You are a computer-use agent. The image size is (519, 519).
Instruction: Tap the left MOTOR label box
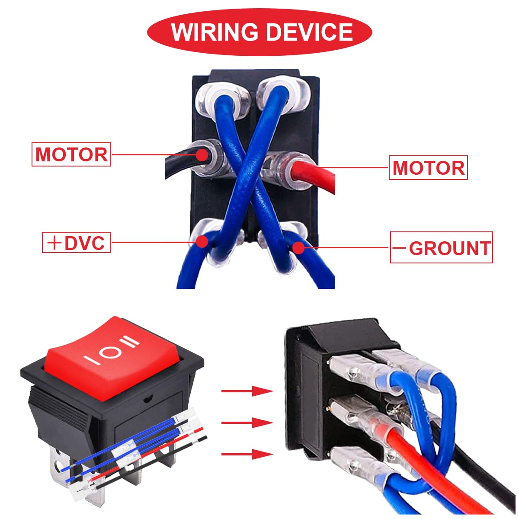[71, 154]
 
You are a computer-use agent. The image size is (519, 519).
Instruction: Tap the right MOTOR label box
[428, 168]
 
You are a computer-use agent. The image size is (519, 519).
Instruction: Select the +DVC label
[77, 243]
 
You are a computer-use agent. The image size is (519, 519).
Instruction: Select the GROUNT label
[442, 248]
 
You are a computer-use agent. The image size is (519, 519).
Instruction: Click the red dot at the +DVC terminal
[202, 242]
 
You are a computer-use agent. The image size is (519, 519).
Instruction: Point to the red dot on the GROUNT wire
[298, 247]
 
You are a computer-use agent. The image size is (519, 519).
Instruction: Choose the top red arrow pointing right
[247, 391]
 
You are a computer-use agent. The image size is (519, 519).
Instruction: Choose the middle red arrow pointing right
[247, 423]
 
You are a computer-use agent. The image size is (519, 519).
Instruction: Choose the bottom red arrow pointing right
[247, 454]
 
